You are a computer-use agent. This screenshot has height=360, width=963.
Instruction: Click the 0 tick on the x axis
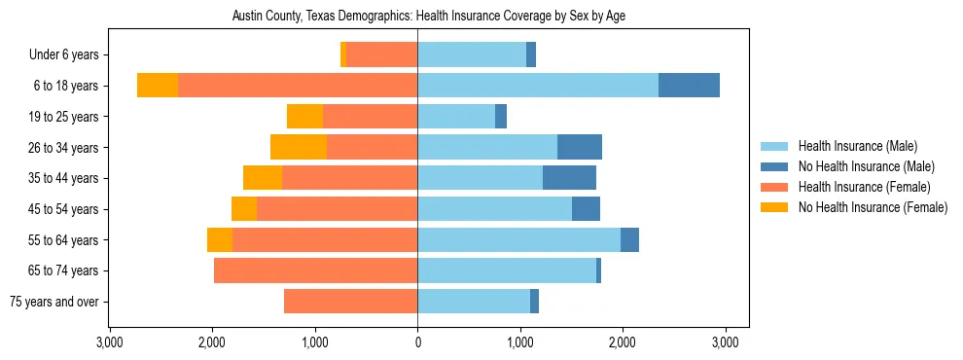417,342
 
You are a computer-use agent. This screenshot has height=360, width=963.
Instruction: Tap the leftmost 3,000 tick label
109,342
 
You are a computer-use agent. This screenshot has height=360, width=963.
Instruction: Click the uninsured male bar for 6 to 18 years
689,86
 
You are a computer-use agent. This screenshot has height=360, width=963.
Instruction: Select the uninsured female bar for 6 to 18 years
158,86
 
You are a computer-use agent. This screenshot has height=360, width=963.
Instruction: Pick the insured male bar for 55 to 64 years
518,239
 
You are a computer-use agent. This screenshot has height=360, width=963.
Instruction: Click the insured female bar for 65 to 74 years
315,270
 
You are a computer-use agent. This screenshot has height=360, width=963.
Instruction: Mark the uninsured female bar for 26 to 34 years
299,147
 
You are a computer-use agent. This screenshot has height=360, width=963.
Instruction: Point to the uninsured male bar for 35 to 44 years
569,178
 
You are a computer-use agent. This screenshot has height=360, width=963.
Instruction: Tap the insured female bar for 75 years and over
350,302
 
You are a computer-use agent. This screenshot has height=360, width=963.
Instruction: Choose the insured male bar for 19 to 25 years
456,117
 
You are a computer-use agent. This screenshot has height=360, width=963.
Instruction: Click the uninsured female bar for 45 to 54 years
244,209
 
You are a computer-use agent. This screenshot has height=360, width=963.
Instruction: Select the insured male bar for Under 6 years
472,55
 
